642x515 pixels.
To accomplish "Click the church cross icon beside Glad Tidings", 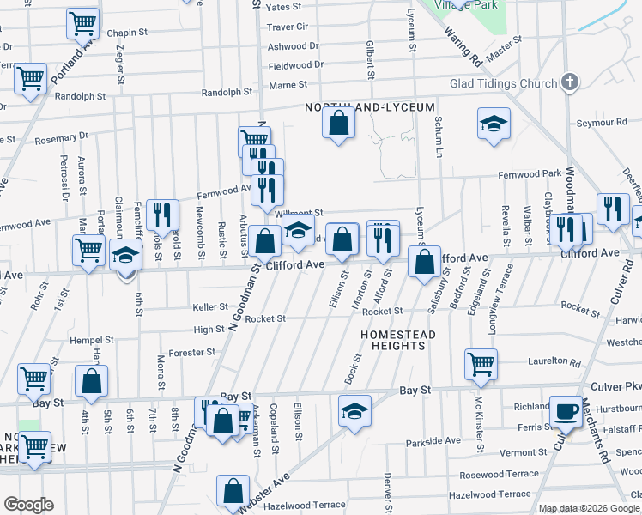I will click(x=567, y=82).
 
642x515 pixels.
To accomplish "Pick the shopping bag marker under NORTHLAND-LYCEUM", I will click(x=340, y=123).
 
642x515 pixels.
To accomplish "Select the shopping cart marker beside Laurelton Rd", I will click(x=481, y=363).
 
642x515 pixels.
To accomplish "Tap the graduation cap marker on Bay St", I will click(x=354, y=409).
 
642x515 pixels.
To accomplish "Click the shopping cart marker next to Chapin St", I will click(x=83, y=24).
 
